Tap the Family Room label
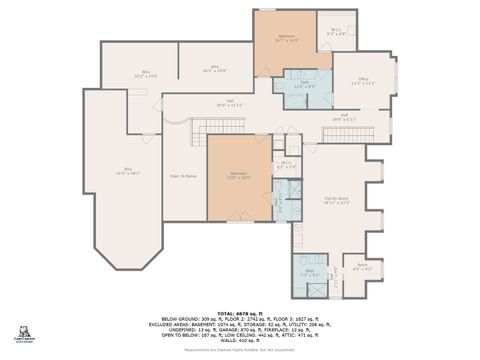[336, 200]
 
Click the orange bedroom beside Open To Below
[239, 178]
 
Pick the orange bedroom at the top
[286, 40]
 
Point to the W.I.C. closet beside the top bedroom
[337, 31]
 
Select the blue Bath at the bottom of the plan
[310, 271]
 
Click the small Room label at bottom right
[362, 267]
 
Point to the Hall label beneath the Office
[344, 116]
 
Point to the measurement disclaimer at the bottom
[239, 351]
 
